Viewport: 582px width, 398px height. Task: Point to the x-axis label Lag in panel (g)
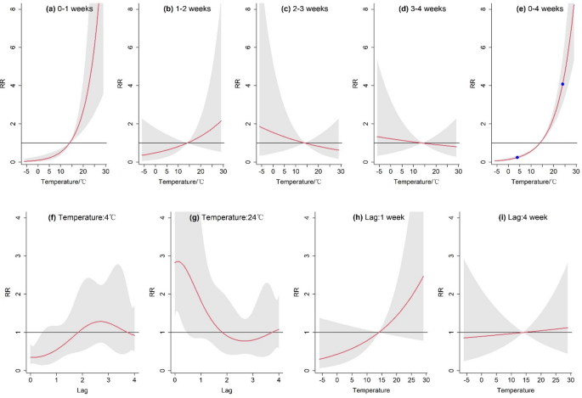(226, 391)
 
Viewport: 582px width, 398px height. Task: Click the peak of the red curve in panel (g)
(179, 262)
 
